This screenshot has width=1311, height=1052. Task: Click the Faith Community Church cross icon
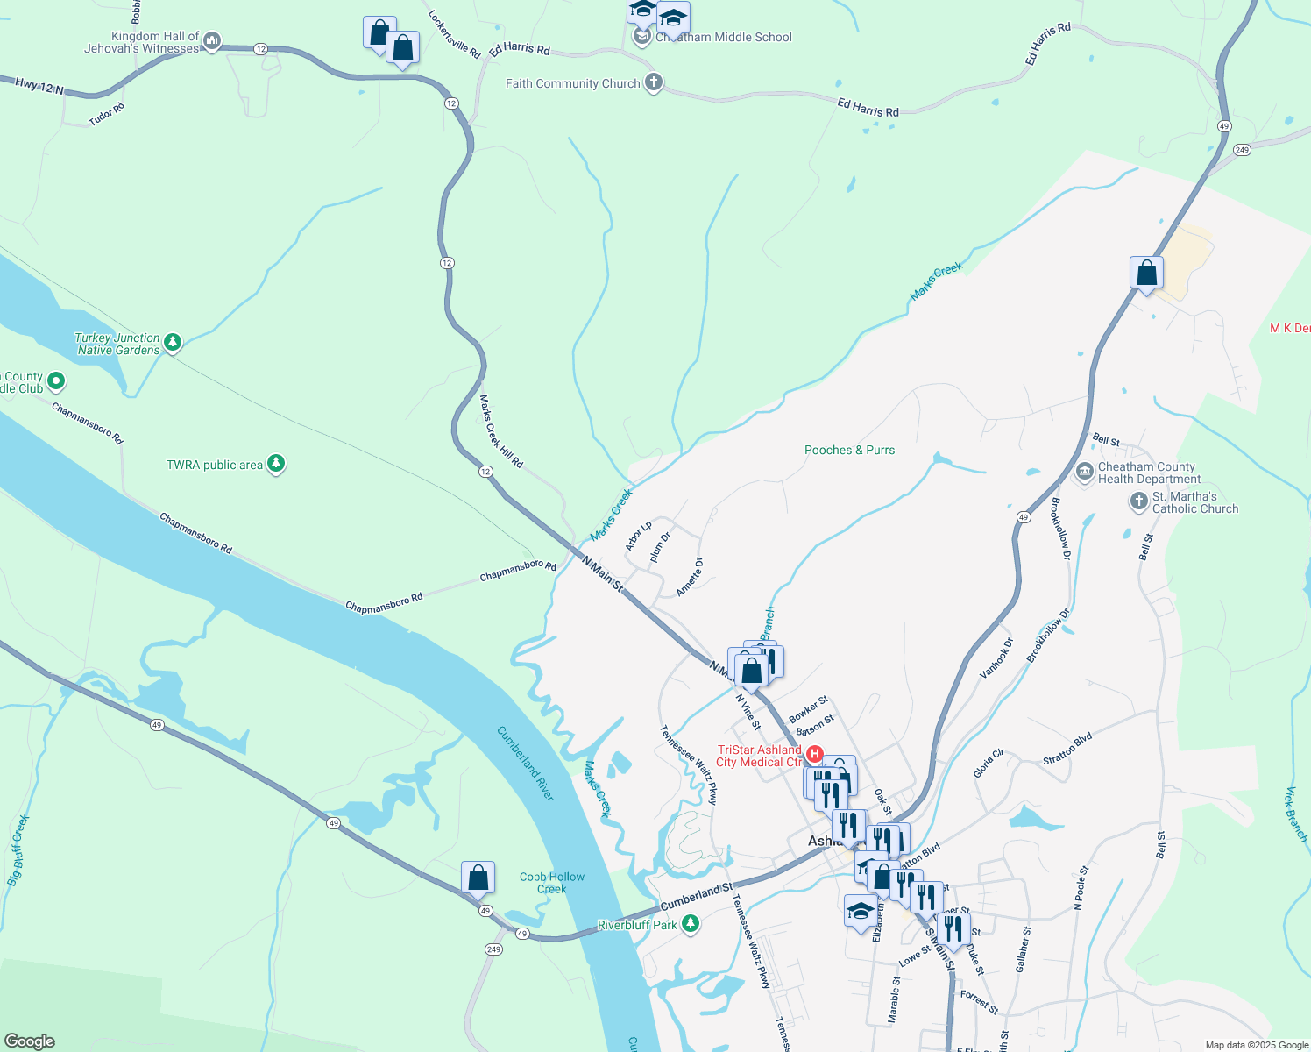pyautogui.click(x=653, y=83)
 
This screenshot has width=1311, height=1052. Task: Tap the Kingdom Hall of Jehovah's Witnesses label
pyautogui.click(x=143, y=42)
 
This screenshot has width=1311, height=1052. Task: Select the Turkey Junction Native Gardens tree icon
pyautogui.click(x=173, y=342)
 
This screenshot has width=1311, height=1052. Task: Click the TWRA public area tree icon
pyautogui.click(x=276, y=464)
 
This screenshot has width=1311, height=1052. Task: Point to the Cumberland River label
pyautogui.click(x=526, y=763)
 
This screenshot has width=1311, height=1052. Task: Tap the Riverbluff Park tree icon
pyautogui.click(x=691, y=924)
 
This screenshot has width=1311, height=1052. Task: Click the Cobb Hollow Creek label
pyautogui.click(x=552, y=883)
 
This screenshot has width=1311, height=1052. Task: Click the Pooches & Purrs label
pyautogui.click(x=849, y=450)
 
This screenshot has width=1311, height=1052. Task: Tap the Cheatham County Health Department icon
pyautogui.click(x=1085, y=473)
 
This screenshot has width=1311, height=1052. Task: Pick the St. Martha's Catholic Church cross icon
pyautogui.click(x=1138, y=501)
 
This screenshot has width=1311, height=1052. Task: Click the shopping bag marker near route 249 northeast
pyautogui.click(x=1146, y=274)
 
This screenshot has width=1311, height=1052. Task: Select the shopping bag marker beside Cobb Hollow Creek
pyautogui.click(x=478, y=877)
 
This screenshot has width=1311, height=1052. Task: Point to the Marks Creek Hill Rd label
pyautogui.click(x=500, y=431)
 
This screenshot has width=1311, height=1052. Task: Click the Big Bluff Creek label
pyautogui.click(x=18, y=850)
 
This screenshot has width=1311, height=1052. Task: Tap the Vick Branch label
pyautogui.click(x=1295, y=814)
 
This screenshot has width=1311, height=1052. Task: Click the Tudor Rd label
pyautogui.click(x=107, y=115)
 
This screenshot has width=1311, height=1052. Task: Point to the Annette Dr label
pyautogui.click(x=690, y=577)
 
